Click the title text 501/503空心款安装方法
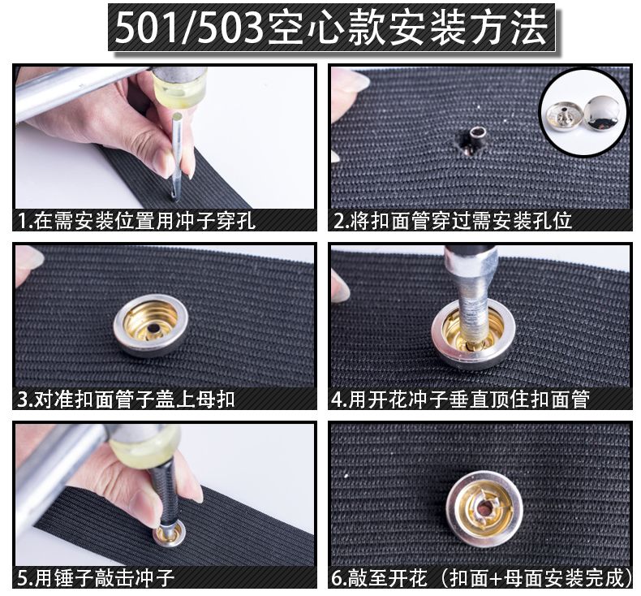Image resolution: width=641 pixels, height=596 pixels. [331, 28]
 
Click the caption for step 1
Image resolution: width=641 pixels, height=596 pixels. [136, 221]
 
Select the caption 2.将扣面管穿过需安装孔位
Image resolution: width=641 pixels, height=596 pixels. [453, 221]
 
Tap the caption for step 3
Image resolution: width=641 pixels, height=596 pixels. [127, 399]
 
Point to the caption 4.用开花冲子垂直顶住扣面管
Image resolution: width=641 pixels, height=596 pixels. [461, 399]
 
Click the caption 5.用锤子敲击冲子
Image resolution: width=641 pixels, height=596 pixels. [96, 577]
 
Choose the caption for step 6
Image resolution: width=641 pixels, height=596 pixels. [483, 577]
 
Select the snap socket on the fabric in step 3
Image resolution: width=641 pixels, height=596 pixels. [151, 325]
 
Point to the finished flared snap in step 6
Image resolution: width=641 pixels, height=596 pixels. [484, 508]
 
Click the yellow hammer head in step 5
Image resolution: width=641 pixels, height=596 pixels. [145, 445]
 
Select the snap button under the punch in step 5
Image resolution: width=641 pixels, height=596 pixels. [170, 534]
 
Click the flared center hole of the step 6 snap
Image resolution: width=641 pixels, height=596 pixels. [484, 508]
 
